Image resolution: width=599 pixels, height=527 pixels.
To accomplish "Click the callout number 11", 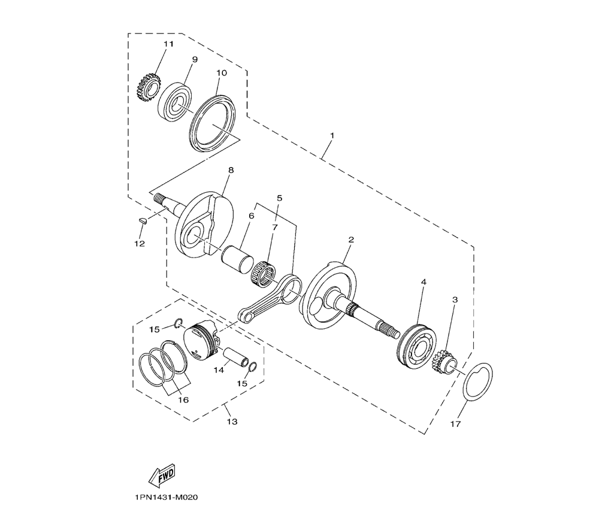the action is pos(168,44).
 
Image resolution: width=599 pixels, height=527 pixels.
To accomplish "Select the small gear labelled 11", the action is pos(148,87).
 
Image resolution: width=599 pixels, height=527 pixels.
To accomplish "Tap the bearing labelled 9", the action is pos(176,103).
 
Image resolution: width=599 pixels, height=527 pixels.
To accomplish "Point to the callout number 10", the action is pos(222,73).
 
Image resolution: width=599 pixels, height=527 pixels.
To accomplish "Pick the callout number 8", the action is pos(231,170).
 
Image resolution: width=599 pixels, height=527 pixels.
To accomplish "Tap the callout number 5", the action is pos(280,198).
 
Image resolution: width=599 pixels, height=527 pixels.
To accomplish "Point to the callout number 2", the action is pos(351,240).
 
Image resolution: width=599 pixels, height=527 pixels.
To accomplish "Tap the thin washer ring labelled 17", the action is pos(477,382).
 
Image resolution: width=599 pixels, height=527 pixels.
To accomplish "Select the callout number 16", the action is pos(183,400).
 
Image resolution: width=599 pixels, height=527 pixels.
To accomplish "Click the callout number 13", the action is pos(232,422).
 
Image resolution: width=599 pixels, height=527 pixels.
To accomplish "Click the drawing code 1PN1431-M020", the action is pos(166,498).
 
